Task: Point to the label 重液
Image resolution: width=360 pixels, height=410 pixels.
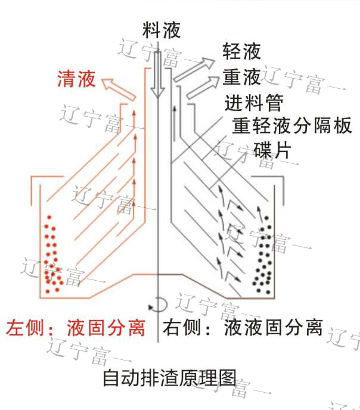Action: pyautogui.click(x=241, y=77)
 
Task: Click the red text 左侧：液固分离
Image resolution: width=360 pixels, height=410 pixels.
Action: pyautogui.click(x=76, y=328)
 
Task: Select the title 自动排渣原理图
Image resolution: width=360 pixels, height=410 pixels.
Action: pyautogui.click(x=170, y=378)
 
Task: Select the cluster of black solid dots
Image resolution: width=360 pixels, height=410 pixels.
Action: pyautogui.click(x=263, y=253)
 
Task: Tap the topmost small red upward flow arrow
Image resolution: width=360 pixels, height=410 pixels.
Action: pyautogui.click(x=134, y=113)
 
